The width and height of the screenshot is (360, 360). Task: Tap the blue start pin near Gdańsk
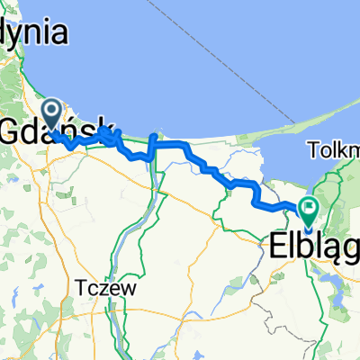53,114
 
